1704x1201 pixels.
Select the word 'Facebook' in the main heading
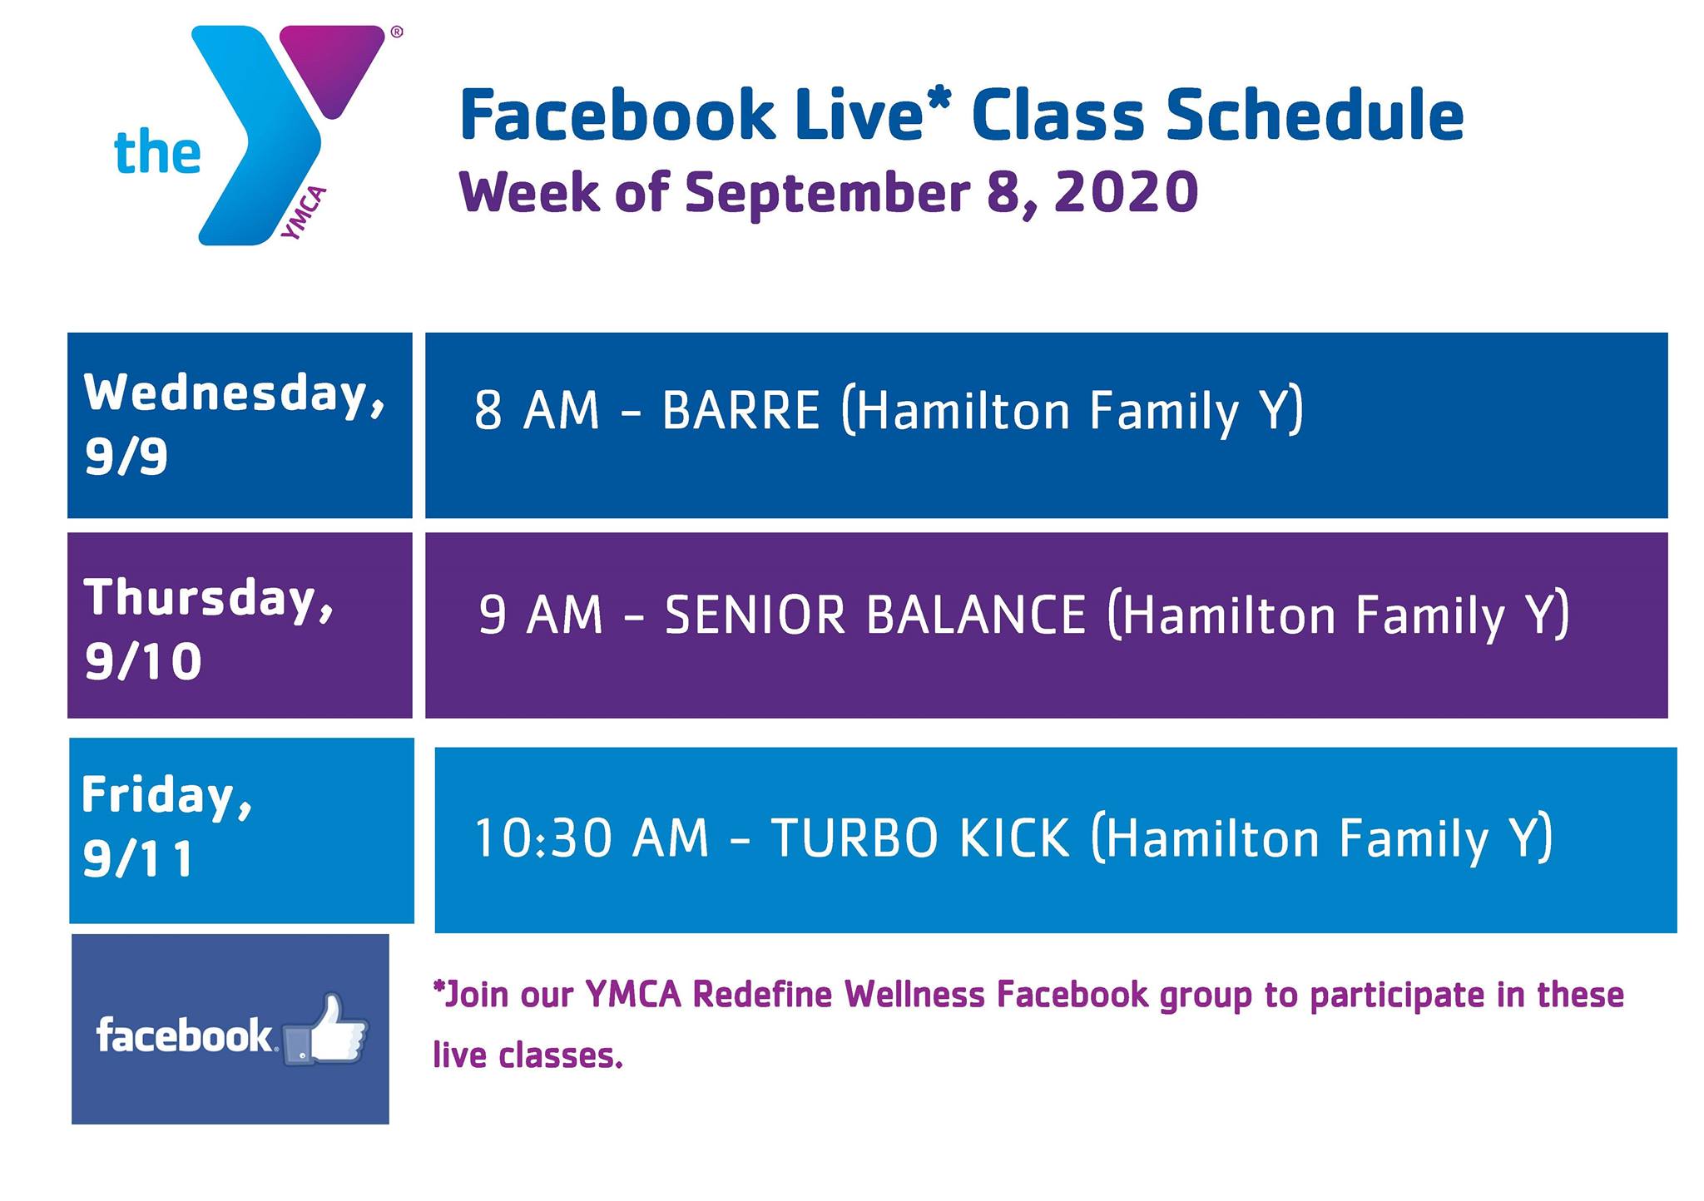(617, 116)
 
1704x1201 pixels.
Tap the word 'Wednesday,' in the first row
(235, 393)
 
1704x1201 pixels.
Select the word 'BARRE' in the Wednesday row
(741, 410)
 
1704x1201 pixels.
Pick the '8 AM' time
(537, 410)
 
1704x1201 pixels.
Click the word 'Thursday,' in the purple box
(209, 598)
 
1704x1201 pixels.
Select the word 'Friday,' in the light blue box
(166, 796)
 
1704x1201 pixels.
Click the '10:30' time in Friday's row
(543, 838)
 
